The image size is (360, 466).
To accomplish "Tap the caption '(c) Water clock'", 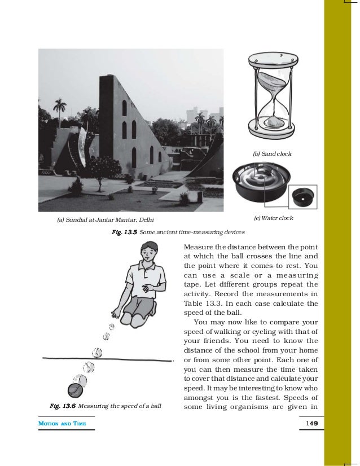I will point(274,218).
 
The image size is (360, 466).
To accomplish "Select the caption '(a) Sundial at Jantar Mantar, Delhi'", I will point(106,220).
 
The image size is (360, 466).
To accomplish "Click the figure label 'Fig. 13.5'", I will point(124,232).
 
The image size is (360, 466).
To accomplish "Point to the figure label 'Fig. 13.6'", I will point(62,405).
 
